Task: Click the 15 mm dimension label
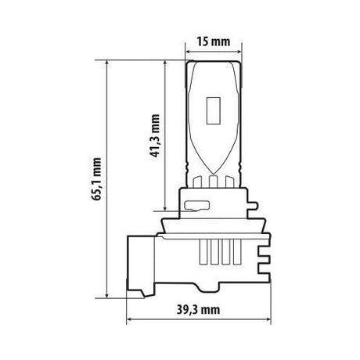pyautogui.click(x=214, y=41)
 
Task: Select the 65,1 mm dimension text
pyautogui.click(x=97, y=178)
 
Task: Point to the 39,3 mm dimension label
pyautogui.click(x=199, y=310)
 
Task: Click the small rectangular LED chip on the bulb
pyautogui.click(x=214, y=110)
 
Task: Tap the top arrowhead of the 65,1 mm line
pyautogui.click(x=107, y=64)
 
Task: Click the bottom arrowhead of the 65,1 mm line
pyautogui.click(x=107, y=294)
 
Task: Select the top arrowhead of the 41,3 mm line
pyautogui.click(x=165, y=64)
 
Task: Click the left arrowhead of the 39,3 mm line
pyautogui.click(x=130, y=319)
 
